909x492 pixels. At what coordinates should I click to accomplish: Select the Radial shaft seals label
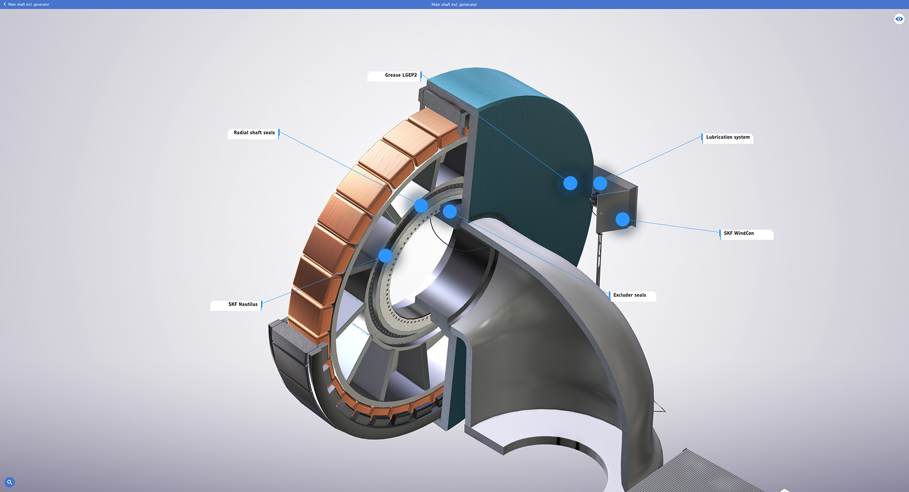(253, 133)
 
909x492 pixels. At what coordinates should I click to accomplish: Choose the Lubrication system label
(727, 138)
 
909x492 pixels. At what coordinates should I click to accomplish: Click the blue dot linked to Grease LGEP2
(570, 184)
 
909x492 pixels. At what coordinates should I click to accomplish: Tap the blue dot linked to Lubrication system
(600, 184)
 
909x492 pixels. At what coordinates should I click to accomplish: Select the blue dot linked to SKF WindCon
(623, 219)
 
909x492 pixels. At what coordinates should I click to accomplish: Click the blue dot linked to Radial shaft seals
(421, 206)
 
